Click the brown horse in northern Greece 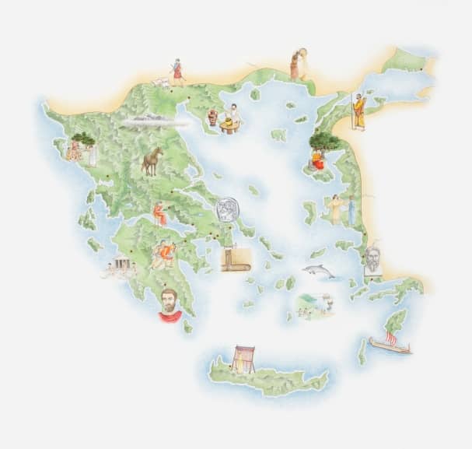[x=152, y=161]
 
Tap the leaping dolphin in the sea [x=318, y=272]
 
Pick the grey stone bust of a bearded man [x=373, y=260]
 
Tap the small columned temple [x=121, y=267]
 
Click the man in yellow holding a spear [x=358, y=111]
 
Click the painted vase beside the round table [x=212, y=117]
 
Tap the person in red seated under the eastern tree [x=317, y=159]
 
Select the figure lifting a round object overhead [x=298, y=64]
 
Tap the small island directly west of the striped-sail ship [x=362, y=352]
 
